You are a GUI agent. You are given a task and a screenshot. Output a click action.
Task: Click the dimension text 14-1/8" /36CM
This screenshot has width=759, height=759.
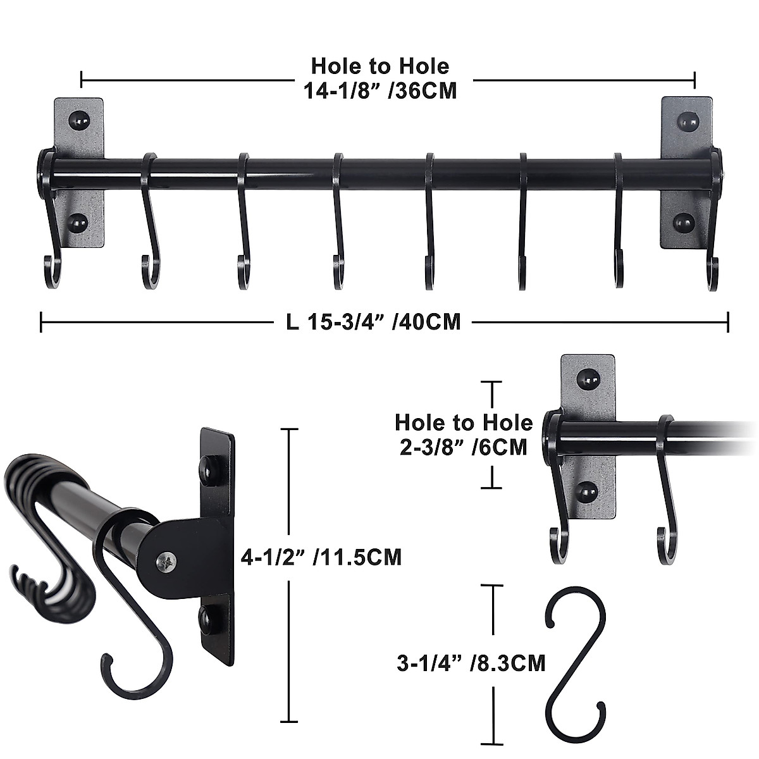tap(380, 91)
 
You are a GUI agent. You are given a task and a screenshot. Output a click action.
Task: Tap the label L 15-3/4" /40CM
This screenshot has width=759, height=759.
tap(373, 322)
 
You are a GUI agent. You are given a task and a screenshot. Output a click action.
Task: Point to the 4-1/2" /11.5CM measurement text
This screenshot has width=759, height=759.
tap(321, 557)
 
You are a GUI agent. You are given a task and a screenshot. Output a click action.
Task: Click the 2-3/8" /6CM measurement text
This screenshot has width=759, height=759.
tap(464, 447)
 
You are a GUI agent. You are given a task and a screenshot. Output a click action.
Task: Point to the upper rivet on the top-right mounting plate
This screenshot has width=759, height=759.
tap(686, 119)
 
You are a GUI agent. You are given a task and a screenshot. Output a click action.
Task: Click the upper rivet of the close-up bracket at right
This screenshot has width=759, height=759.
tap(588, 379)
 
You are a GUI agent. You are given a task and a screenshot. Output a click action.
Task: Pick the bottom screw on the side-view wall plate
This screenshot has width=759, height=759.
tap(207, 619)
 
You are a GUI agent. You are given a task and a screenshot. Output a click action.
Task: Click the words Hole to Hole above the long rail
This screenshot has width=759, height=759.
tap(380, 66)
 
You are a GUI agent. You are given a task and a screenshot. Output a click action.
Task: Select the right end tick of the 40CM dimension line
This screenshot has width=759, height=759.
tap(728, 322)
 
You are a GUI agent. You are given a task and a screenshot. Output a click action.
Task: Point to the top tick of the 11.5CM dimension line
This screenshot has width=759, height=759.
tap(289, 429)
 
